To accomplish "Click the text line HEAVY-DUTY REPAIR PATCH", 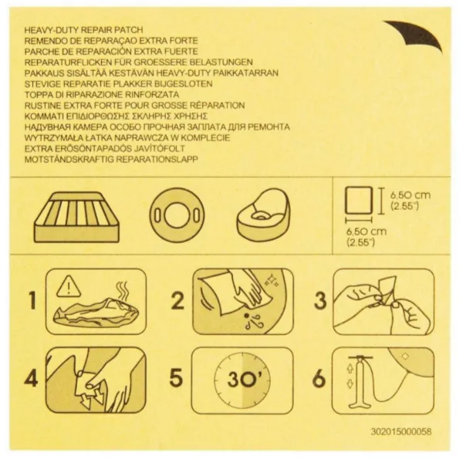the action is pos(83,30).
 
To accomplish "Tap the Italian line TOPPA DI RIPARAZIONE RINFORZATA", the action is pos(102,95).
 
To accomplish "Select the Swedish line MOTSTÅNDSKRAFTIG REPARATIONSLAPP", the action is pos(111,160).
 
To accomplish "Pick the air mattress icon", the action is pos(76,218).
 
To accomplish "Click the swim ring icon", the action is pos(177,215).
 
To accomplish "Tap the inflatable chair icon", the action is pos(263,215).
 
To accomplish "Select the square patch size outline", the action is pos(359,200).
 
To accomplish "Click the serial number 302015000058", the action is pos(401,431).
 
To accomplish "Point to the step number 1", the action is pos(32,301).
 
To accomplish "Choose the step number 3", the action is pos(320,301).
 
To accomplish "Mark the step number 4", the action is pos(32,377).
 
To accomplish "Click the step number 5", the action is pos(176,377).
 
